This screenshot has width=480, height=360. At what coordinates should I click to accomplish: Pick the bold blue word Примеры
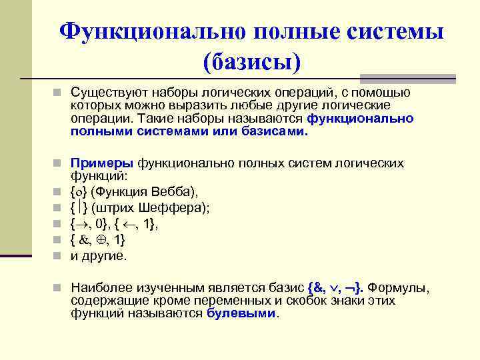[x=103, y=163]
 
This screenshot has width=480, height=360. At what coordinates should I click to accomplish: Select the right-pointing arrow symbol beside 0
[x=83, y=224]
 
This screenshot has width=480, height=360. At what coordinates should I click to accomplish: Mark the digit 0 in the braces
[x=99, y=224]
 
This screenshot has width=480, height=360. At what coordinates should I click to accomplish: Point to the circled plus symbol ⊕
[x=102, y=240]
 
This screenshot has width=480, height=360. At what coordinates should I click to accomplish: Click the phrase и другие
[x=98, y=255]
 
